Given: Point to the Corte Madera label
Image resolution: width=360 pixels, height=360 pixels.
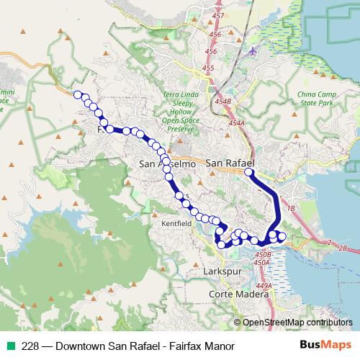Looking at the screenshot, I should click(233, 295).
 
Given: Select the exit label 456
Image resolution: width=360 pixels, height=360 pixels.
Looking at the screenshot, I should click(210, 52).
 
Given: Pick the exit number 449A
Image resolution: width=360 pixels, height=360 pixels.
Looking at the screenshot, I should click(264, 286).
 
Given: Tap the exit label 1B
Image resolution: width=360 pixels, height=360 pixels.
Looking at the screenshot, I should click(292, 208).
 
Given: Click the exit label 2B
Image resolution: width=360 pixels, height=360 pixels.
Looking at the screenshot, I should click(342, 248).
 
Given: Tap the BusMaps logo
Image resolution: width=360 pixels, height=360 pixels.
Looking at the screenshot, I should click(325, 345).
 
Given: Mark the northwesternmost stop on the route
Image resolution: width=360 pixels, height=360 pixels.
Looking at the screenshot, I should click(77, 94).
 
